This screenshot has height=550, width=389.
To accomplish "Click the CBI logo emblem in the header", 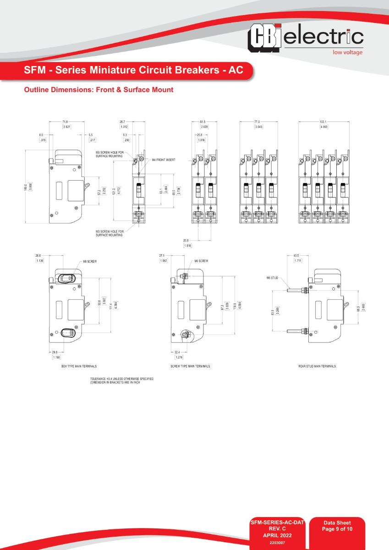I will tap(264, 38).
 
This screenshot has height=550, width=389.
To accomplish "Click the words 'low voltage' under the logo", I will tap(347, 52).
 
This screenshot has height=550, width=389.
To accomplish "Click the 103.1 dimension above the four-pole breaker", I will tap(323, 121).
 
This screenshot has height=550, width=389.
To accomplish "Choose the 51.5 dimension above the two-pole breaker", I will tap(203, 121).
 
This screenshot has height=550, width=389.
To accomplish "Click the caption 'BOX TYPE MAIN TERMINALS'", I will tap(79, 366).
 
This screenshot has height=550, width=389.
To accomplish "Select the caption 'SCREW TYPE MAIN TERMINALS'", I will tap(190, 366).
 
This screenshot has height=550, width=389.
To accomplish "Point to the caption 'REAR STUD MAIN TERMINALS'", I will tap(317, 366).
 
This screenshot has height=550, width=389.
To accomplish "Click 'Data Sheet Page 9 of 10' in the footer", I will tap(337, 526).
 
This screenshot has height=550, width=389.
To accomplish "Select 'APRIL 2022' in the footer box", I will tap(277, 534).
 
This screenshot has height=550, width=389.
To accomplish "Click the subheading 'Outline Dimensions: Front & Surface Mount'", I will tap(99, 90).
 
